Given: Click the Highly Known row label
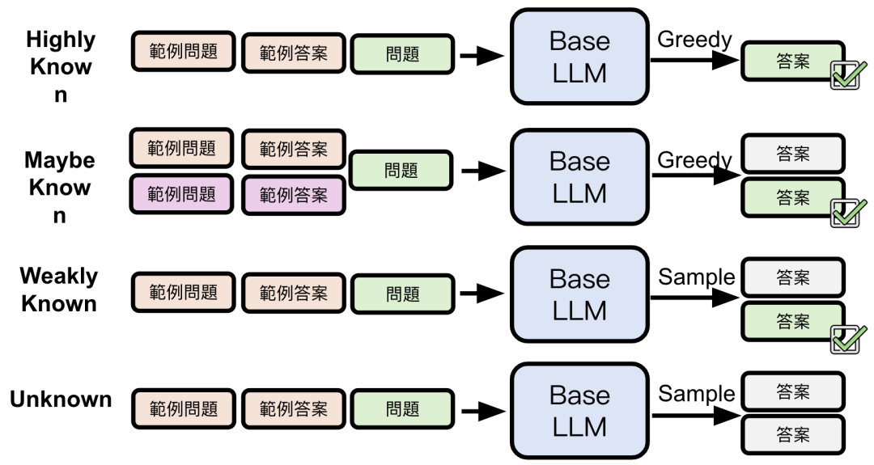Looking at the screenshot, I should (x=61, y=67).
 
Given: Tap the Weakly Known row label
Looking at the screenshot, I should (x=58, y=290).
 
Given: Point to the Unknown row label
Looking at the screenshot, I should (x=61, y=399).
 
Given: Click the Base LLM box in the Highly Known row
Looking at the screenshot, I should (x=579, y=57).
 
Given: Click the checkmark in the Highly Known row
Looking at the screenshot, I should (x=848, y=77).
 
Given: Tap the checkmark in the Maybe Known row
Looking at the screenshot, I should (x=848, y=213).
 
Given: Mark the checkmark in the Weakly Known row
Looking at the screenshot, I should (x=848, y=340).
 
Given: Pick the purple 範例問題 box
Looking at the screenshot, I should (x=182, y=195).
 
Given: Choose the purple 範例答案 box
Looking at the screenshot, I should (x=293, y=195).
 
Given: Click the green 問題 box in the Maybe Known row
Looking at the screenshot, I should (x=401, y=171).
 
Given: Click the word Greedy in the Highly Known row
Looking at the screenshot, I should (x=694, y=40).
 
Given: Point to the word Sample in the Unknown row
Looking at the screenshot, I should (x=696, y=394).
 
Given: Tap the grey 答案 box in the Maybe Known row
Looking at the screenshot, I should (x=793, y=153).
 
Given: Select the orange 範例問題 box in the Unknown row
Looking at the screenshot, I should (x=182, y=409).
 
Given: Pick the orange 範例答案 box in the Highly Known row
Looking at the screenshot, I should (x=293, y=53).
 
